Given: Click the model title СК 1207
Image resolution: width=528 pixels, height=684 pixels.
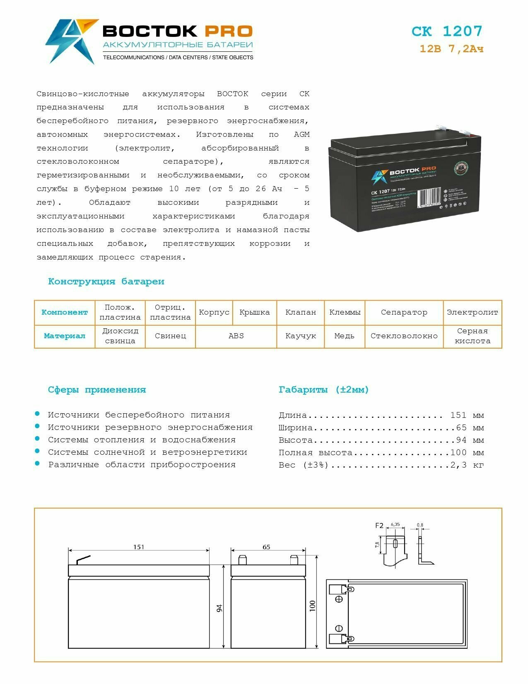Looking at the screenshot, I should [447, 32].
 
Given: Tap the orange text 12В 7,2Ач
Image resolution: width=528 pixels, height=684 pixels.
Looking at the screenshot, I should [451, 49].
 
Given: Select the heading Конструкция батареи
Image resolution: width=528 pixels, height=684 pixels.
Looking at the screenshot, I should [106, 281].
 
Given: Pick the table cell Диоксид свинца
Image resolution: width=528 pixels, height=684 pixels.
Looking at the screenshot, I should [120, 336].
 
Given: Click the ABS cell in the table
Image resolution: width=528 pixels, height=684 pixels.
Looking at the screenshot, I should [236, 336].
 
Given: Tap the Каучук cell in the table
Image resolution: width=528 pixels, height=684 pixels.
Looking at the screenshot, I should [301, 336].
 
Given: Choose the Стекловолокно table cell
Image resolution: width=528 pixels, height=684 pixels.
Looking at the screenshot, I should [404, 336].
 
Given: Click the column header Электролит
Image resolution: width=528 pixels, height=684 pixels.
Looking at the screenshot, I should [472, 312].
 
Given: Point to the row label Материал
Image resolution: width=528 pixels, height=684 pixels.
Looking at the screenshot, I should [65, 336].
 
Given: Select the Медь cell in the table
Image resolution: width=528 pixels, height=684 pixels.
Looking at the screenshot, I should [344, 336].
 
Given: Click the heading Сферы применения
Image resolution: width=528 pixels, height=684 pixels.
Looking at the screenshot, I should [97, 390].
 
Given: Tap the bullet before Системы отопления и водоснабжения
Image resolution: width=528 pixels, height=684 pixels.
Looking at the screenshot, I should [37, 439].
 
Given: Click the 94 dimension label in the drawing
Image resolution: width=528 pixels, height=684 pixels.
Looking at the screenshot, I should [219, 608].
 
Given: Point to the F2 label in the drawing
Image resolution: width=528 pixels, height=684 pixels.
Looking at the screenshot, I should [379, 526].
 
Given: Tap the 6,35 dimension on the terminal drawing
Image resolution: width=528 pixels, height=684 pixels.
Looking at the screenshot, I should [395, 524].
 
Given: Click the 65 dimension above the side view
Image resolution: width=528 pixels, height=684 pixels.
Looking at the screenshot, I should [266, 547].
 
